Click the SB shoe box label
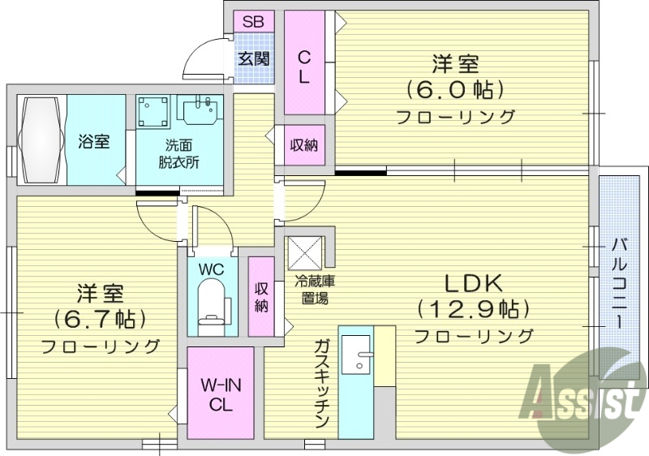253,22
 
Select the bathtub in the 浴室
40,140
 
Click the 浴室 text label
94,141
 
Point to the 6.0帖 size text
454,88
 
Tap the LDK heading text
473,283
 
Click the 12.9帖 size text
473,309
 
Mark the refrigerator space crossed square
306,252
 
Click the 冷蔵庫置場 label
312,290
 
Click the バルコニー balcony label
619,280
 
